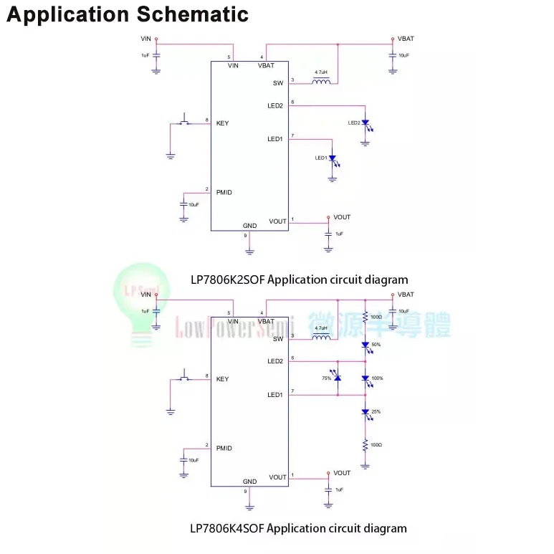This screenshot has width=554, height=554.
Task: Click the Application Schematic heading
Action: [x=128, y=14]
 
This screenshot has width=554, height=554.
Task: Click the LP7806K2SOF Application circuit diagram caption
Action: [x=299, y=280]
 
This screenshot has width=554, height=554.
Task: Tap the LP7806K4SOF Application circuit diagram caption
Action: [x=298, y=528]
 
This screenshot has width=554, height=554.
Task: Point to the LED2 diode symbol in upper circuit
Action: [x=365, y=123]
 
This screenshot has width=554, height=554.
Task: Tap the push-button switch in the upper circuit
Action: [x=185, y=122]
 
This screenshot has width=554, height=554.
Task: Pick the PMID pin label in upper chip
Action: [x=224, y=192]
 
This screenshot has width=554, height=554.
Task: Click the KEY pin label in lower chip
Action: [x=222, y=378]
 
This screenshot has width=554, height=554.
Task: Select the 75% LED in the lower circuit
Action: [x=338, y=377]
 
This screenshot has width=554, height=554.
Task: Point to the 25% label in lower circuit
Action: [x=376, y=411]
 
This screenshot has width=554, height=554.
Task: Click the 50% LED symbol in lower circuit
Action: [x=365, y=345]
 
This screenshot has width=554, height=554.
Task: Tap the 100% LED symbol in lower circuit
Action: [x=365, y=378]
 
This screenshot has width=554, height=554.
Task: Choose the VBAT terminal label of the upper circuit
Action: [x=405, y=39]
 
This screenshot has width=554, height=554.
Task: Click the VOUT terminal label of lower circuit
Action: [x=342, y=473]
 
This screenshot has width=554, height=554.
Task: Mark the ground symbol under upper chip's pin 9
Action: [x=249, y=251]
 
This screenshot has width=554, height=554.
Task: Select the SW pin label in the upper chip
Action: [x=278, y=83]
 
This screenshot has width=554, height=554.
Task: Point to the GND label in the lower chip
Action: [x=249, y=482]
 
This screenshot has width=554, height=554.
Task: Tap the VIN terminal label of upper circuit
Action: [x=146, y=38]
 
